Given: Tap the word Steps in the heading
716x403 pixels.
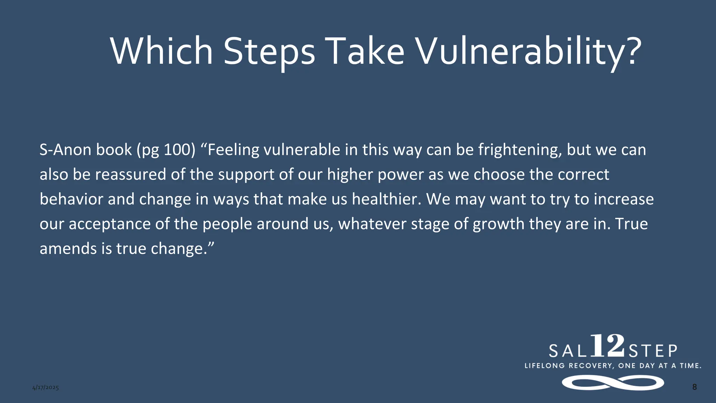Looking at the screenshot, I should [x=269, y=51].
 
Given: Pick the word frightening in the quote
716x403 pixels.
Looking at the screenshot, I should [x=520, y=150].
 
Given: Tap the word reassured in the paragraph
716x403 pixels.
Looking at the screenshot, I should [x=130, y=175].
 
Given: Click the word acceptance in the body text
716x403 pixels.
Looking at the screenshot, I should [x=109, y=224].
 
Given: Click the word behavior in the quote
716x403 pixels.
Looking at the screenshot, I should [x=71, y=199].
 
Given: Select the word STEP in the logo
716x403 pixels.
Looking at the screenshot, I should [x=653, y=351].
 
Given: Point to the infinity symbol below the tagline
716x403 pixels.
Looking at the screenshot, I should [x=613, y=382].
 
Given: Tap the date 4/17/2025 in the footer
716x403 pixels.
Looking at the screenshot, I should [x=45, y=388].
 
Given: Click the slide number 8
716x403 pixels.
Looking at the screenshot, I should [x=694, y=387].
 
